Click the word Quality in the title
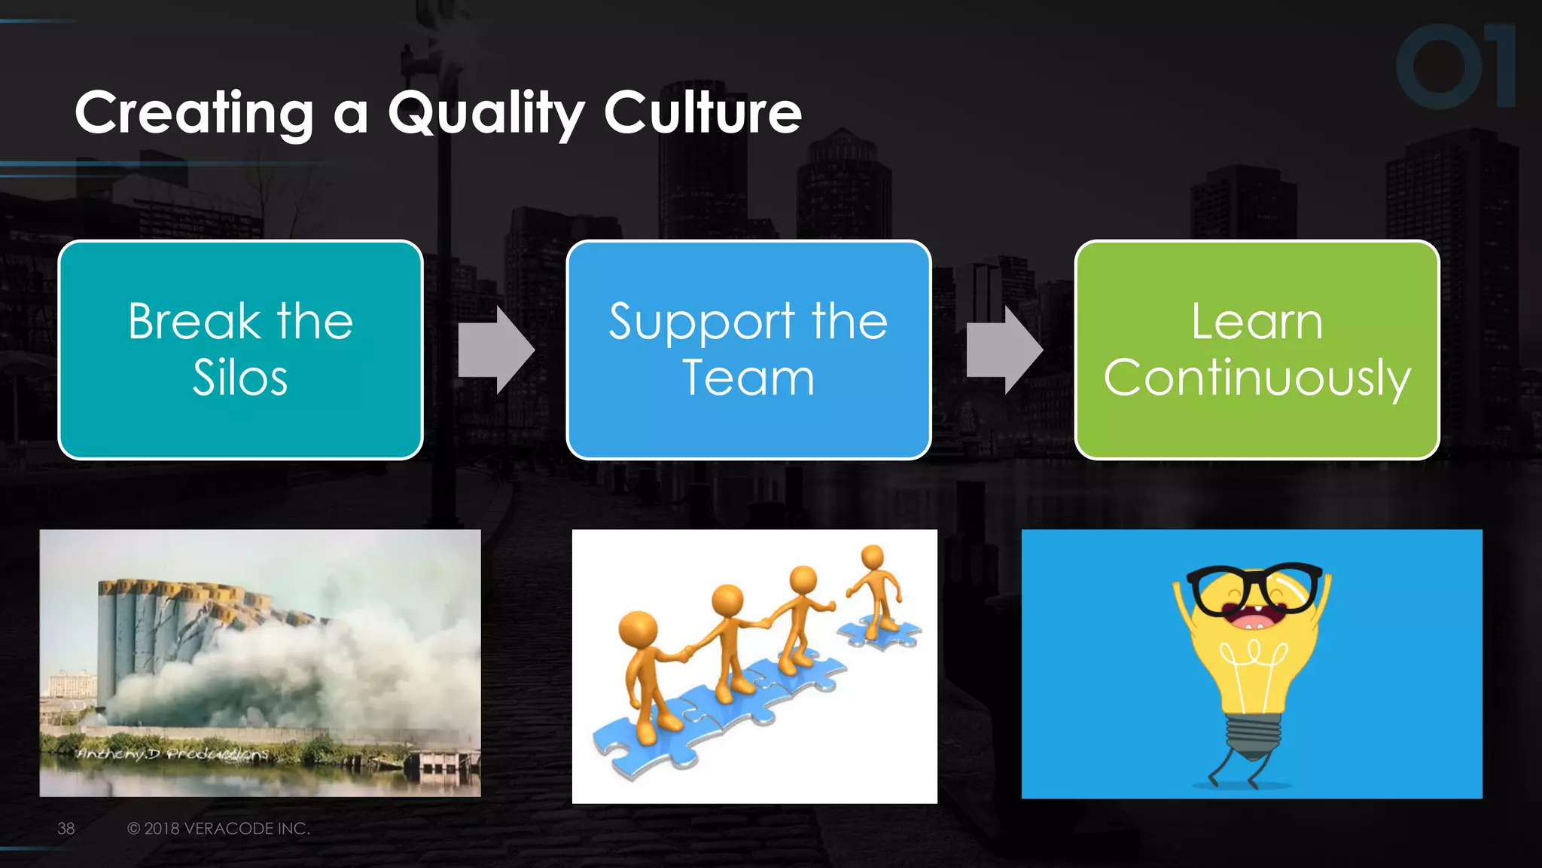[x=486, y=113]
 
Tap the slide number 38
[x=66, y=828]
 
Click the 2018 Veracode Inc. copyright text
[x=218, y=828]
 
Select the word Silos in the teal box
[x=240, y=377]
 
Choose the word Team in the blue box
[x=748, y=377]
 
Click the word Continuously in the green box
[x=1257, y=377]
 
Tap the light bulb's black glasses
[x=1254, y=588]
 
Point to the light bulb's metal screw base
[x=1253, y=735]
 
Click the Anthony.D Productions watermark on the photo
[x=173, y=753]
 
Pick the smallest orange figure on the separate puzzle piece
[x=876, y=588]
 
